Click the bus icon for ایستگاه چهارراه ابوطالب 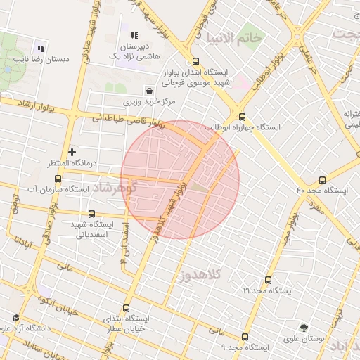coord(243,117)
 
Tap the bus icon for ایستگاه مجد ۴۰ coord(322,180)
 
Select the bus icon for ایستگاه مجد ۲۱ coord(268,279)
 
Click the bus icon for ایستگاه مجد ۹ coord(245,337)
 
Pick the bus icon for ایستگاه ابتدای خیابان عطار coord(127,308)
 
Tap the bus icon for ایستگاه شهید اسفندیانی coord(91,214)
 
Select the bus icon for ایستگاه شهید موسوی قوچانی coord(195,61)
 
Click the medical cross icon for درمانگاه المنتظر coord(72,152)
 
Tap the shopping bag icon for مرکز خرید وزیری coord(149,91)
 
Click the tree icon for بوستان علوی coord(304,327)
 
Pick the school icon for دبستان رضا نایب coord(41,49)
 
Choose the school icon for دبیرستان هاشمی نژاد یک coord(134,35)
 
